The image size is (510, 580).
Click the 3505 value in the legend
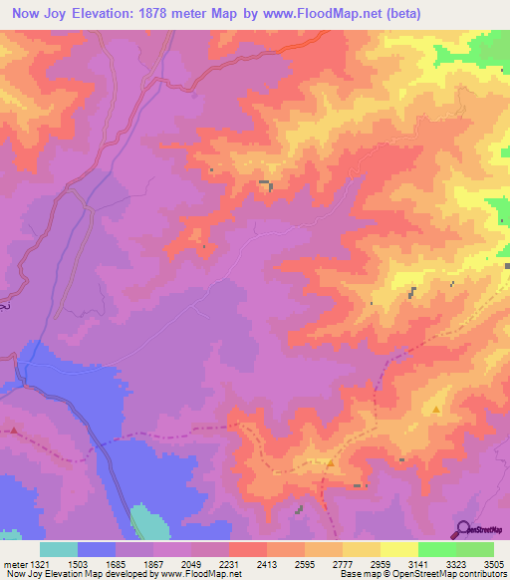[x=493, y=562]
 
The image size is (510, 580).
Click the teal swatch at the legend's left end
[x=59, y=549]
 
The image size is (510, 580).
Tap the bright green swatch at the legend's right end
[x=475, y=549]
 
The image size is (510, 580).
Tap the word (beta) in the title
[x=396, y=14]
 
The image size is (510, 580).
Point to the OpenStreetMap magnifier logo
[x=463, y=528]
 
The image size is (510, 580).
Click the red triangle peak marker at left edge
[x=14, y=431]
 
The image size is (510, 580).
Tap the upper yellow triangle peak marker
[x=436, y=410]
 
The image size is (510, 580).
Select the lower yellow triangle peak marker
[x=331, y=461]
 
